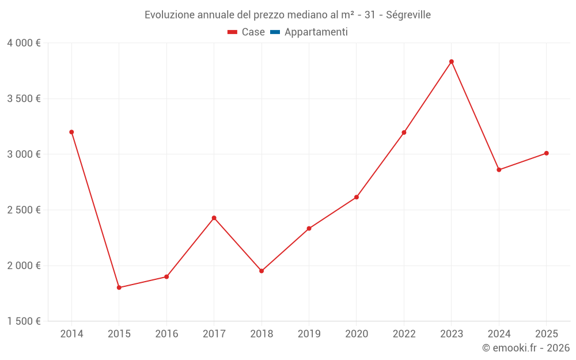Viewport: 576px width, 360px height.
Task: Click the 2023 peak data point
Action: pos(452,62)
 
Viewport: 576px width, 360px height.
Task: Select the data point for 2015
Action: pos(119,287)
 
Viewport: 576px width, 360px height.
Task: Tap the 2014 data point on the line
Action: pos(71,132)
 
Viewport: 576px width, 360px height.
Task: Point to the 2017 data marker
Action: pos(214,218)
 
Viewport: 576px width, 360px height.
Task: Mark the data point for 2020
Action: pos(357,197)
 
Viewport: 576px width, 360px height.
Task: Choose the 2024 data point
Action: pos(499,170)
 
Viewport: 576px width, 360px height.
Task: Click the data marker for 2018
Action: pos(262,271)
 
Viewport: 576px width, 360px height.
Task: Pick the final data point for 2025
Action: pos(547,153)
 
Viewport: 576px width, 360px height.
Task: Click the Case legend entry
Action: pos(253,32)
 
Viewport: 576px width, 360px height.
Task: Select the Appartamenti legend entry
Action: pos(316,32)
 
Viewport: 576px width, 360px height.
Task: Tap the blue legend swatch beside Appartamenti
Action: pos(275,32)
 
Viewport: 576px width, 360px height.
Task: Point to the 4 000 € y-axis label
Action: pos(24,43)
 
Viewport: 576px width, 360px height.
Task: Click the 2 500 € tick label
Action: pos(24,210)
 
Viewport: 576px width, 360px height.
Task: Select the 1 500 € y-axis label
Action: pos(24,321)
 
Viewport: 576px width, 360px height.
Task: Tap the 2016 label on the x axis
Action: pos(166,334)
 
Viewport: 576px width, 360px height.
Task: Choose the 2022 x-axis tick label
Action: pos(404,334)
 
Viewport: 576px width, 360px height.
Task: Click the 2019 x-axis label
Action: pos(309,334)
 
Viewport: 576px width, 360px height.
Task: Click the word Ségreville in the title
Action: pos(407,14)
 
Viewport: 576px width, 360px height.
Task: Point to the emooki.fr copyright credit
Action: pos(526,348)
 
